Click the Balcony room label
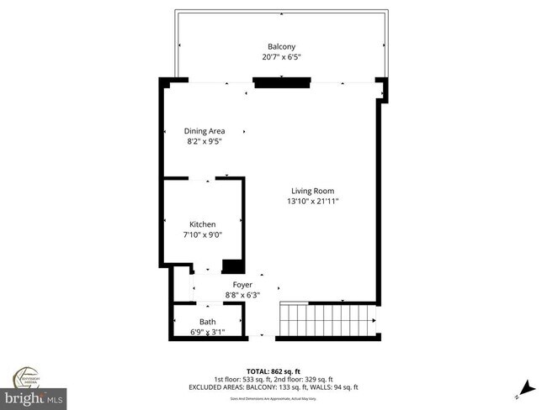point(281,46)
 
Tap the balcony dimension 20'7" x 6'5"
point(281,57)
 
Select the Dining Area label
point(204,131)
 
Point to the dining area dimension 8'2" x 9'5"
point(204,142)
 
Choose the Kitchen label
point(202,224)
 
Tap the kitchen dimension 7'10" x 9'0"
point(202,235)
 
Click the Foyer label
point(242,285)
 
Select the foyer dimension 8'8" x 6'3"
point(242,295)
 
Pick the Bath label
point(208,322)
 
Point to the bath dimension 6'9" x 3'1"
point(208,333)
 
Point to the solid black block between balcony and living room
point(282,81)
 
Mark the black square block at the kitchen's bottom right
point(232,266)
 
